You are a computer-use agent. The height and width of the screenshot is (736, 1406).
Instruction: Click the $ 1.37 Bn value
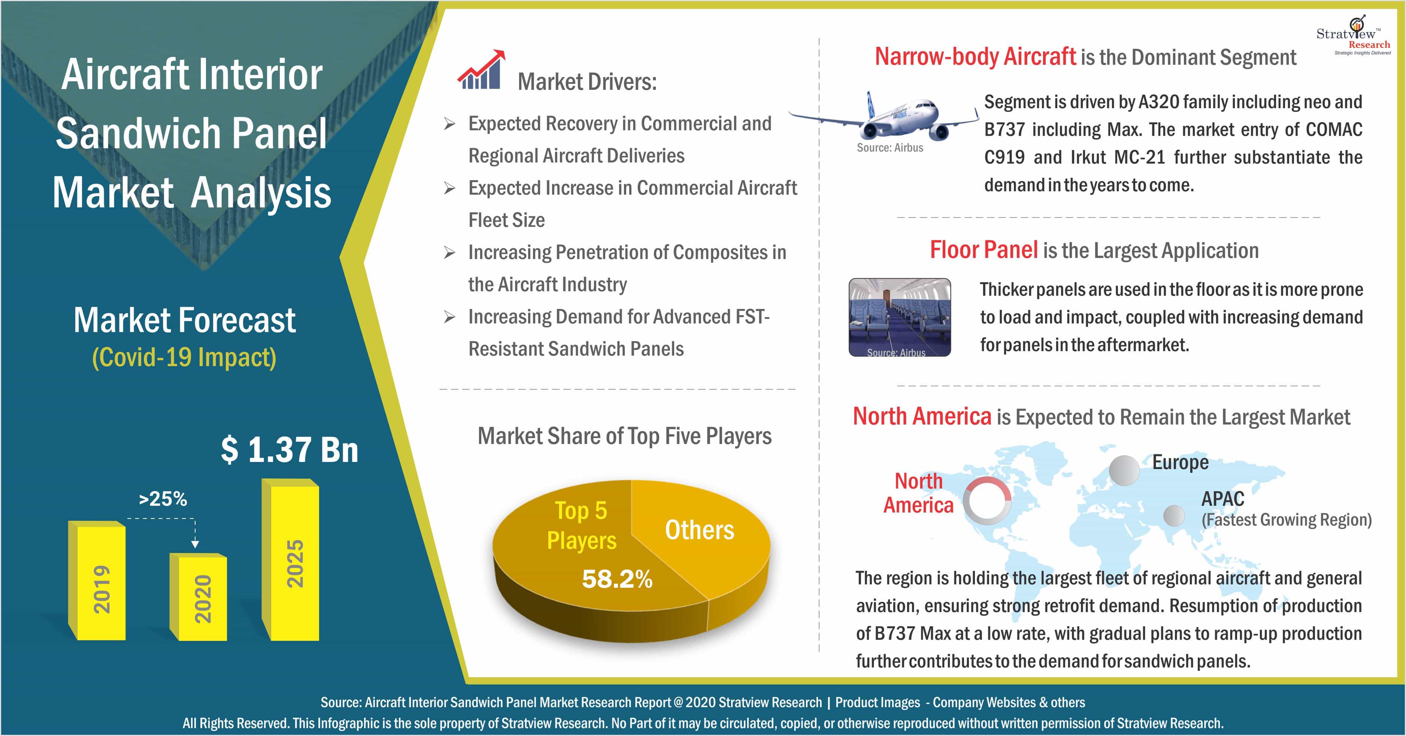point(289,450)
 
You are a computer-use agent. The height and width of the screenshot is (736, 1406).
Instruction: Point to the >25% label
point(163,499)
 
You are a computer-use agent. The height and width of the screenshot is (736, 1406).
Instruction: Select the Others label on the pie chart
point(699,530)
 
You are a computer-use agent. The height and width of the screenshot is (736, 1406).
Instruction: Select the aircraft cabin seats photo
point(900,316)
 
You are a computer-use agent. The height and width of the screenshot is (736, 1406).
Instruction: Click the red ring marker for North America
point(987,500)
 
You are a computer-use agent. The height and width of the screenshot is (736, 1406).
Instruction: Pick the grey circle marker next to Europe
point(1124,469)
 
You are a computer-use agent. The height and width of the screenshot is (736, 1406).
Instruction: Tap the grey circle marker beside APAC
point(1173,515)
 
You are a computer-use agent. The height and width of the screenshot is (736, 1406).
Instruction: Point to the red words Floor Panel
point(984,250)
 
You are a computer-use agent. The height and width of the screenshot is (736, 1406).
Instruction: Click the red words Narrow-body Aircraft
point(975,57)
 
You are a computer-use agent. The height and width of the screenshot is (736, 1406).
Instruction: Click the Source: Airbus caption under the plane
point(890,148)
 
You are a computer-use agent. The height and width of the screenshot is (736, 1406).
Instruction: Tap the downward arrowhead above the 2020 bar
point(195,544)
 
